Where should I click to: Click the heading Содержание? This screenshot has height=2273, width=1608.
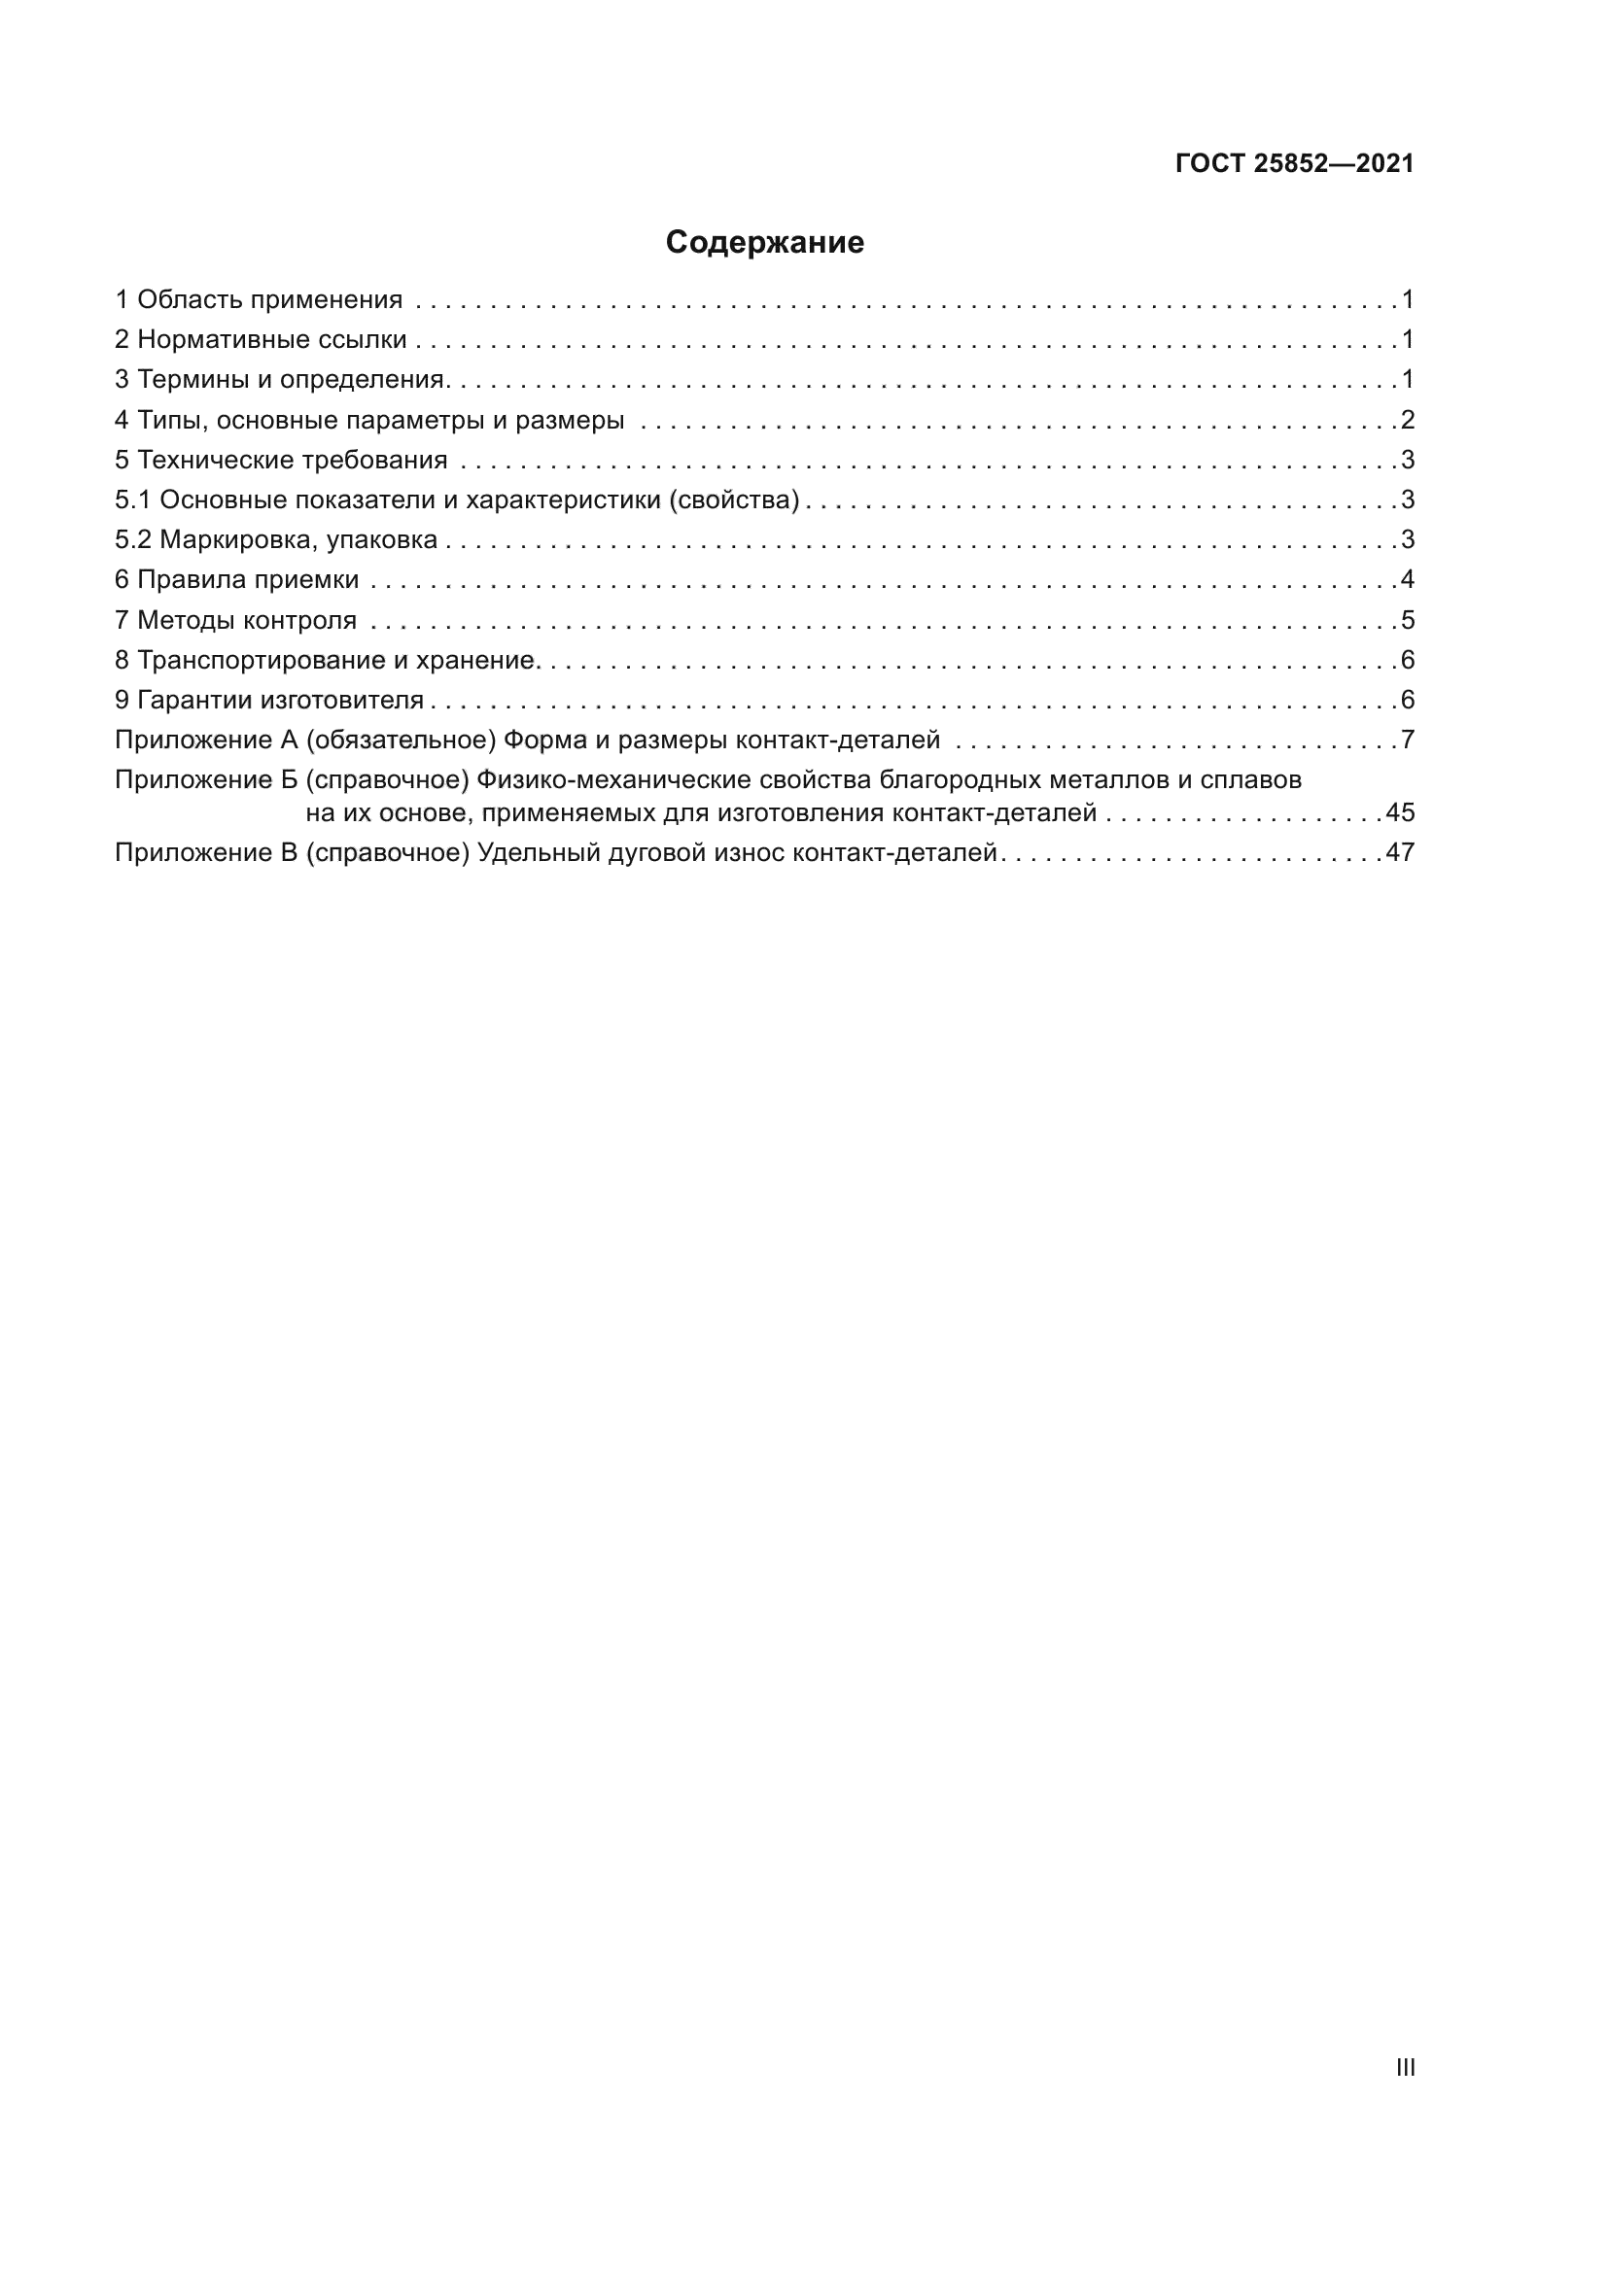(x=764, y=243)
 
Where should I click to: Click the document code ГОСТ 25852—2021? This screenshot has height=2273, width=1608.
(x=1294, y=163)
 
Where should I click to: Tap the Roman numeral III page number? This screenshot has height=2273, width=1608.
(x=1405, y=2067)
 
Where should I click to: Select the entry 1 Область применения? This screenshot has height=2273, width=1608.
(x=259, y=299)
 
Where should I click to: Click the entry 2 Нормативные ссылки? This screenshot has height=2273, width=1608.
(x=261, y=339)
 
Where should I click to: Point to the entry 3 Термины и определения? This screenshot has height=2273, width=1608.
(x=281, y=379)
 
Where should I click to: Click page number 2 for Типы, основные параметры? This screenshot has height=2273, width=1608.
(x=1407, y=420)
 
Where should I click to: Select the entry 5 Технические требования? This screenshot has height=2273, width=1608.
(x=281, y=460)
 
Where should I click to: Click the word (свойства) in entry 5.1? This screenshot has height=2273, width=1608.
(x=734, y=499)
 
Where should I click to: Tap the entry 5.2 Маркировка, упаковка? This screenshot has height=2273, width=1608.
(x=276, y=539)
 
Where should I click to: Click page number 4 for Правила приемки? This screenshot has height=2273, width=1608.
(x=1407, y=579)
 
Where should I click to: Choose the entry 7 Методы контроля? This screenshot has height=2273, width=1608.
(x=235, y=620)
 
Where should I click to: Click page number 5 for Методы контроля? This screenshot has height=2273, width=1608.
(x=1407, y=620)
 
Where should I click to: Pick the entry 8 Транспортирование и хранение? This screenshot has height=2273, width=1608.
(x=326, y=659)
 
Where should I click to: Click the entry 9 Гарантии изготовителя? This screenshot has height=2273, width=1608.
(x=269, y=700)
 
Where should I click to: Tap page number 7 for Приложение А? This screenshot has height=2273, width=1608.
(x=1407, y=740)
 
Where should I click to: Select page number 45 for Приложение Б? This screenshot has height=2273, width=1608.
(x=1400, y=812)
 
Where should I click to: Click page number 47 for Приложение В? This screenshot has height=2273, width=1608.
(x=1400, y=852)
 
